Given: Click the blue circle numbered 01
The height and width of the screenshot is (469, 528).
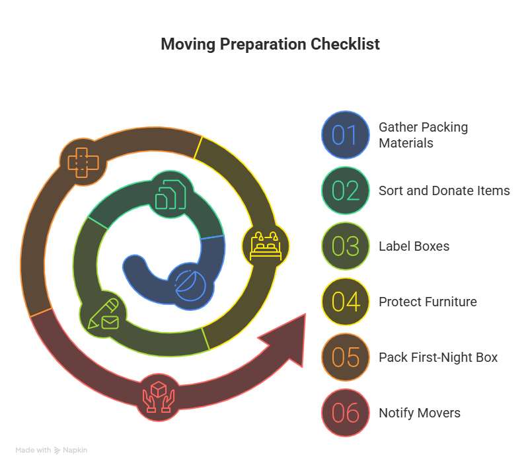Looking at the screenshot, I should pos(345,135).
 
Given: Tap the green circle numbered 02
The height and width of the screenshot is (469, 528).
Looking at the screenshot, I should pos(345,191).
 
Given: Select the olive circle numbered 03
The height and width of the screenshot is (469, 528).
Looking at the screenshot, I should pos(345,246).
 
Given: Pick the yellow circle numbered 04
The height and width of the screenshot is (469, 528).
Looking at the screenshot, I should pos(345,302).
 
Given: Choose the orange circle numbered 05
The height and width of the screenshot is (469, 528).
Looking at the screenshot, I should pos(345,357).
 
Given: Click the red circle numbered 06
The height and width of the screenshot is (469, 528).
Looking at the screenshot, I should pos(345,413).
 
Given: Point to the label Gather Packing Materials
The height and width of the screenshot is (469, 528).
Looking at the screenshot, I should pos(423,135).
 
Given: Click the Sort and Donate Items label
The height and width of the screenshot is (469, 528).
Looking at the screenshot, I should pos(444,191).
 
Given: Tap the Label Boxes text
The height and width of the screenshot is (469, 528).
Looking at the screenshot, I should pos(414,246).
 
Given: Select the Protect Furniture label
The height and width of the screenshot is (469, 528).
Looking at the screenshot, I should pos(428,302).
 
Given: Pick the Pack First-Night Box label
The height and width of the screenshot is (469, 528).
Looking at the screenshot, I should pos(438,357).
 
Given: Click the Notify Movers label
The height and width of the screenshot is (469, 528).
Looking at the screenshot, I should pos(420,413).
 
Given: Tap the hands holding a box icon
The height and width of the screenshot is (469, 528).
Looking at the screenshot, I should pos(159,396).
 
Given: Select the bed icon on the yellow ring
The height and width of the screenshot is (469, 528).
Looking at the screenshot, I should pos(266,245).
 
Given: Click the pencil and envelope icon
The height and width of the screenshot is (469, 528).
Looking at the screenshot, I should pos(103,315).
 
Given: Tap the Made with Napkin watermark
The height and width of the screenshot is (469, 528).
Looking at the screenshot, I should pos(52,450).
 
